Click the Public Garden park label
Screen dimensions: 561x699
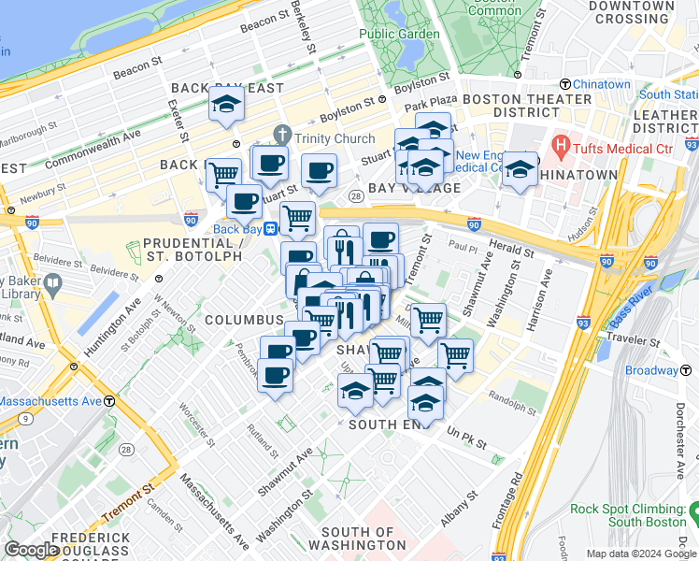(x=399, y=35)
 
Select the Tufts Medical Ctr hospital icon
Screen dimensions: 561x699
(x=561, y=146)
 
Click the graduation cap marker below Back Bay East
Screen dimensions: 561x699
(x=226, y=105)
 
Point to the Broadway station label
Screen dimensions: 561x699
(x=651, y=370)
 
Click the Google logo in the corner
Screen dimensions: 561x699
(x=32, y=550)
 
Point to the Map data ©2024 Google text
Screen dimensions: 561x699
(x=641, y=554)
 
